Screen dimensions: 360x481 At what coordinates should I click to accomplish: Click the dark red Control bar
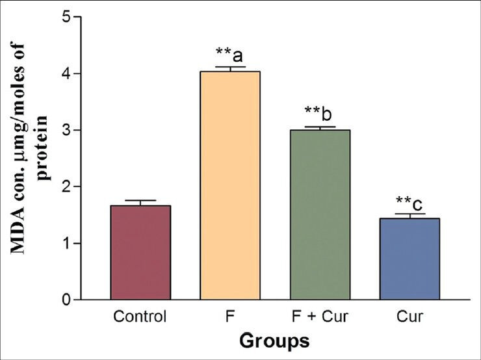coord(140,253)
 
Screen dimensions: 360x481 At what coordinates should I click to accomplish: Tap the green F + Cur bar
coord(320,215)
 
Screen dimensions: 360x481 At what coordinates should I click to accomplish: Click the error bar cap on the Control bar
coord(140,201)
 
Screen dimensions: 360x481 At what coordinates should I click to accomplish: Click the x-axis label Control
coord(140,318)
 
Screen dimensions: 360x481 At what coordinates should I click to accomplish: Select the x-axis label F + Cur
coord(320,318)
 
